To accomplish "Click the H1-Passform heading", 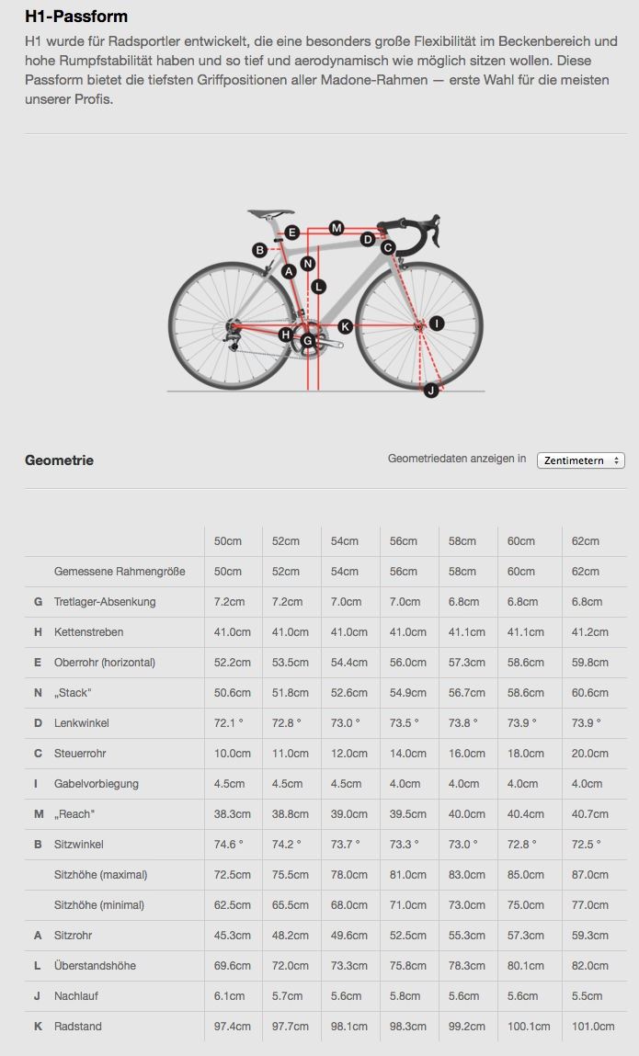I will coord(76,17).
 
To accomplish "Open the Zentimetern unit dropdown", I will coord(580,460).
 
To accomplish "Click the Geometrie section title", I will coord(59,460).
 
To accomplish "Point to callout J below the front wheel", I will coord(431,391).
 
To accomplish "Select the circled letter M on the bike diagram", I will coord(336,228).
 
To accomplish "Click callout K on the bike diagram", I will coord(346,326).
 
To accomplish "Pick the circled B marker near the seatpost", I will coord(260,250).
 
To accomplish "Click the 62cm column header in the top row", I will coord(586,541).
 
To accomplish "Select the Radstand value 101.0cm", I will coord(593,1027).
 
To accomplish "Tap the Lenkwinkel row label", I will coord(81,723).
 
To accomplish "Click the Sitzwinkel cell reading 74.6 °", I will coord(229,845).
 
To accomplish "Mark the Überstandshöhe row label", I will coord(95,966).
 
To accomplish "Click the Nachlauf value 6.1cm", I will coord(230,996).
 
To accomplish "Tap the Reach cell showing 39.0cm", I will coord(347,814).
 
